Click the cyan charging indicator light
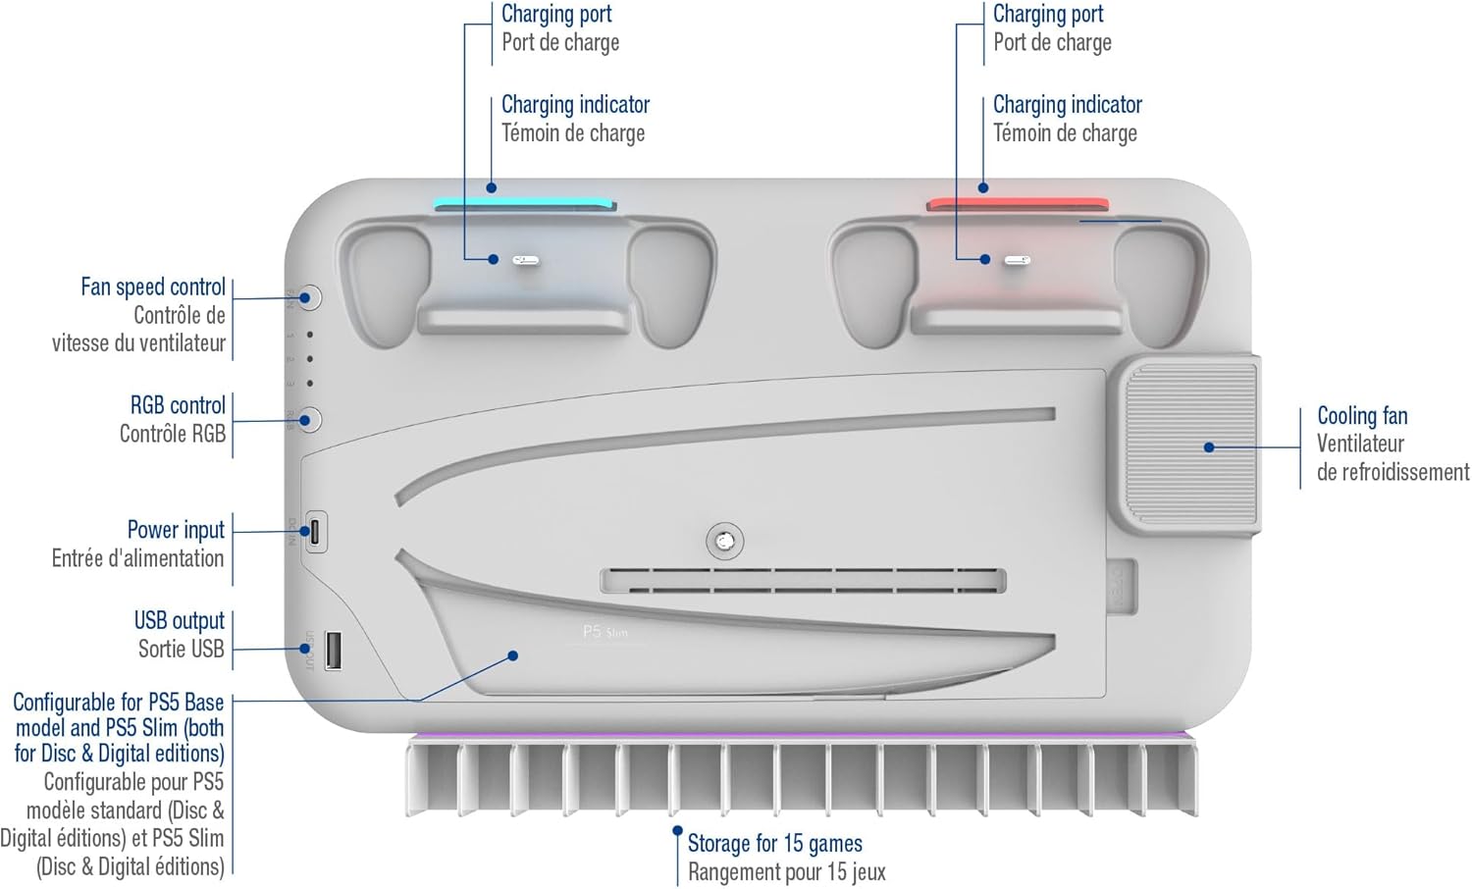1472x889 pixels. (525, 204)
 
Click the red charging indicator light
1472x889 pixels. (1018, 204)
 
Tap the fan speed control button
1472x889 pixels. (309, 297)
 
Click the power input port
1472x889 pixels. (315, 532)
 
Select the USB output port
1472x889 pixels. (334, 651)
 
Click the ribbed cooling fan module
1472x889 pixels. (1186, 446)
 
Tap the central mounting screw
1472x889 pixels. (725, 542)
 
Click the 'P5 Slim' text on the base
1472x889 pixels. (605, 632)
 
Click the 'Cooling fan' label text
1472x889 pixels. (1362, 415)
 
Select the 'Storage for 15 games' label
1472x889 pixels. (775, 843)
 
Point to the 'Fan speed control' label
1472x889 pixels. (153, 287)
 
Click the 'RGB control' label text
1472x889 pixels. (178, 404)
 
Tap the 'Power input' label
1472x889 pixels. (176, 529)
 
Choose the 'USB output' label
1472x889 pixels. (179, 619)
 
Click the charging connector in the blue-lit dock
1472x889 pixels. (526, 261)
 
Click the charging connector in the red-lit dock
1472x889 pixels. (1018, 261)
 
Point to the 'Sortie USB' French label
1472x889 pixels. (182, 649)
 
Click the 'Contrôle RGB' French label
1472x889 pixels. (172, 434)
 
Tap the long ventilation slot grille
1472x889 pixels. (803, 581)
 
